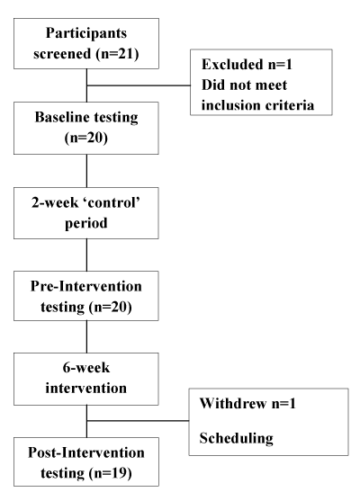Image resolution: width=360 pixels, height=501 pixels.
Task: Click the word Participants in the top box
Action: [x=86, y=33]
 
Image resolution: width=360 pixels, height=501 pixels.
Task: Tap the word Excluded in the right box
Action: [x=233, y=64]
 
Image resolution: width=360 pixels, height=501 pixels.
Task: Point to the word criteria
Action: [x=290, y=105]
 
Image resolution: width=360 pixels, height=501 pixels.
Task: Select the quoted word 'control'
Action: [x=112, y=202]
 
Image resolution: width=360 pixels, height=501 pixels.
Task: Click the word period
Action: [x=86, y=223]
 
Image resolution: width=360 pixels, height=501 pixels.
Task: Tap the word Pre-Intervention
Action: [x=86, y=286]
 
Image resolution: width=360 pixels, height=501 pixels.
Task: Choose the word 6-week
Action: [x=86, y=368]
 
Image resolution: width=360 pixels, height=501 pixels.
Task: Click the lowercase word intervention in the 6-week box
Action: [x=86, y=388]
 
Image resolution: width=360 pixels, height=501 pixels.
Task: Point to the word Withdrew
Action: [x=233, y=403]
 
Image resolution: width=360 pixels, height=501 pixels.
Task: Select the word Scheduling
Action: [x=237, y=438]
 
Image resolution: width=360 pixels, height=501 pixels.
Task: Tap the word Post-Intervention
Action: [x=86, y=452]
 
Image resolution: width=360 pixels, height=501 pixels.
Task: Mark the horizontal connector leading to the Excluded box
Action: [x=139, y=85]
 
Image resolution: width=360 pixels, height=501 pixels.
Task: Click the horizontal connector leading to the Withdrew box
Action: [x=138, y=420]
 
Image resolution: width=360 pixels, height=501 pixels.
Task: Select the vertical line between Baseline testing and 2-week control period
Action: [x=86, y=171]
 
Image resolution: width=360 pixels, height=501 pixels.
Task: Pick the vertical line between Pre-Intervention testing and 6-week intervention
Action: [x=86, y=336]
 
